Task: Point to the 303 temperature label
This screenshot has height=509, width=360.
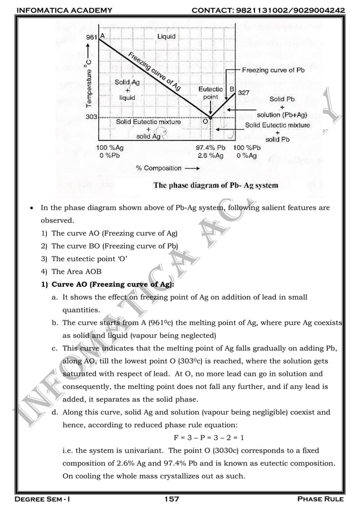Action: tap(91, 117)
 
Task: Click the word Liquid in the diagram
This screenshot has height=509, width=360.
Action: tap(166, 36)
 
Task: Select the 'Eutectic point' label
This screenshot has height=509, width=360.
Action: tap(210, 93)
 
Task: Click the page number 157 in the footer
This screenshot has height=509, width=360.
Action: tap(172, 499)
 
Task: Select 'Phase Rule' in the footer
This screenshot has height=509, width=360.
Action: tap(324, 499)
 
